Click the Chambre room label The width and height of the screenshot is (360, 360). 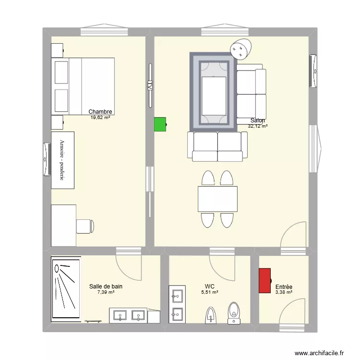[x=100, y=112]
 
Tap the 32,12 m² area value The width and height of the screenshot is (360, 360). [x=258, y=126]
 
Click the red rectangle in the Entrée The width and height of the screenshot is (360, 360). [x=264, y=280]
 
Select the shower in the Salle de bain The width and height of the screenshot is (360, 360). [x=65, y=289]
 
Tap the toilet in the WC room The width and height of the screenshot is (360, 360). [x=234, y=311]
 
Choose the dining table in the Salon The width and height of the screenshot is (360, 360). [x=217, y=199]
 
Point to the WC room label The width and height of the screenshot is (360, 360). [x=209, y=286]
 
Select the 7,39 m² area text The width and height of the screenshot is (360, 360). [x=106, y=292]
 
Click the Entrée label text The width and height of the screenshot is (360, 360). [x=284, y=287]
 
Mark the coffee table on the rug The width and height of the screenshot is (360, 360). [x=215, y=94]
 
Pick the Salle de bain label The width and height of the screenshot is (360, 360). [x=106, y=286]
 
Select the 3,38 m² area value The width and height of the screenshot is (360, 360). [x=284, y=292]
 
